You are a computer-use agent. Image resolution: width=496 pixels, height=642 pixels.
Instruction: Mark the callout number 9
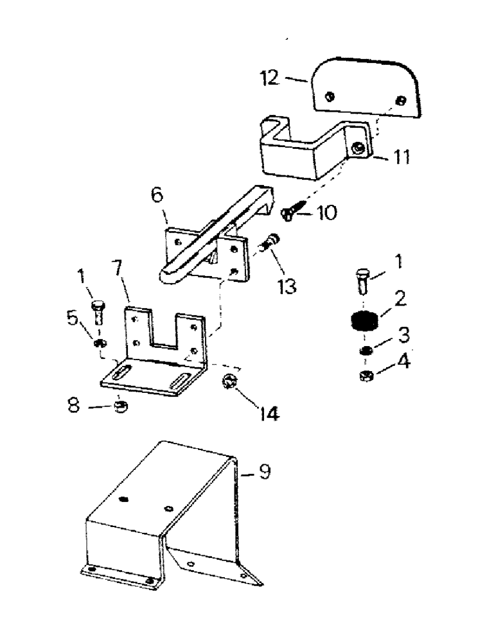[x=264, y=473]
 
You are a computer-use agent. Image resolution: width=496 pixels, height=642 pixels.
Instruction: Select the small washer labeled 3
[x=365, y=351]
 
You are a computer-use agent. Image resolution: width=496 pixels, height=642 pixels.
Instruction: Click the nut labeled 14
[x=231, y=382]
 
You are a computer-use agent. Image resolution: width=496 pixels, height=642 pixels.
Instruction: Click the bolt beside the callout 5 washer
[x=98, y=313]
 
